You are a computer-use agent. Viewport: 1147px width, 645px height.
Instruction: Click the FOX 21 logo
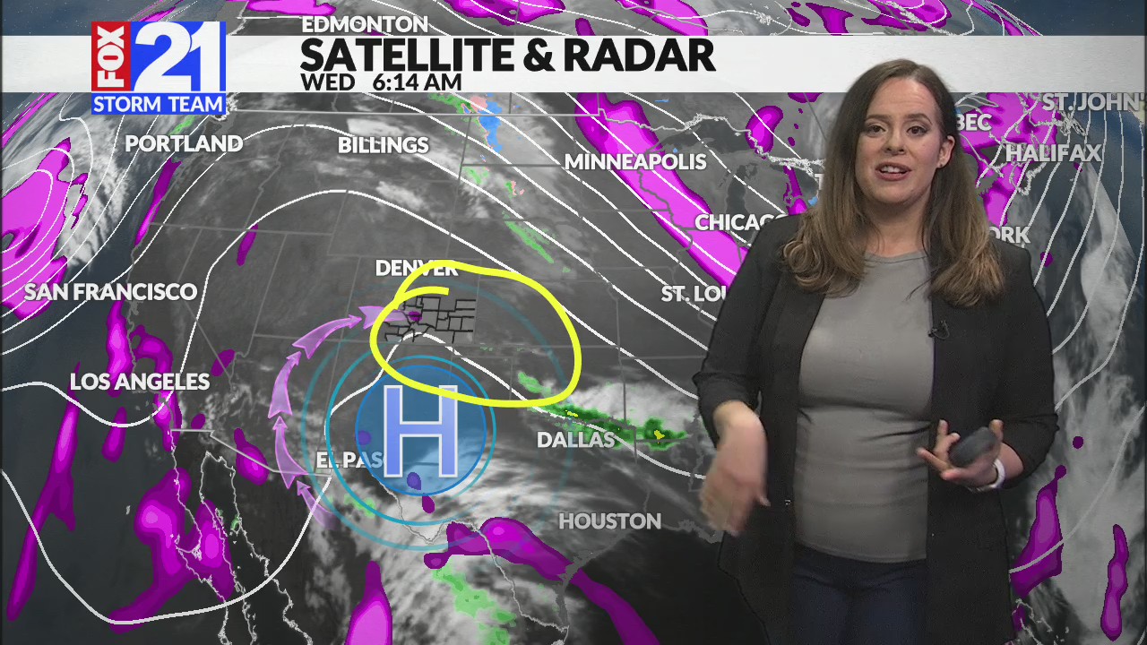coord(159,57)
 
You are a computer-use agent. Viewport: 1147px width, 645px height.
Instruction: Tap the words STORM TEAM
coord(159,104)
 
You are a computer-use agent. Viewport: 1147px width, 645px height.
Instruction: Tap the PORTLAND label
coord(184,143)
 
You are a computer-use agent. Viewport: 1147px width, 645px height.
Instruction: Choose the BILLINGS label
coord(384,145)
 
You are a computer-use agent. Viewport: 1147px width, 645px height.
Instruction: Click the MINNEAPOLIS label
coord(635,162)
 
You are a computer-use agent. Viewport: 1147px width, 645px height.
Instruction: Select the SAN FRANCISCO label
coord(110,292)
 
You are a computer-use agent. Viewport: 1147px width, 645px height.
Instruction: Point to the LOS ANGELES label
coord(140,382)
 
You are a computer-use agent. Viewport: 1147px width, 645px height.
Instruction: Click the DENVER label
coord(416,268)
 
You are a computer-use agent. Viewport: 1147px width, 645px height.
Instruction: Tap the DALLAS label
coord(576,440)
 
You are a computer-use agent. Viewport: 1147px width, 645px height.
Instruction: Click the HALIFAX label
coord(1053,153)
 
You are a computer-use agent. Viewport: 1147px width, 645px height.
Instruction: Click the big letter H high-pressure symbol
coord(420,431)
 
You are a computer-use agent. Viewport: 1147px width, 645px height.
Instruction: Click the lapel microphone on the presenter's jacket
coord(939,331)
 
